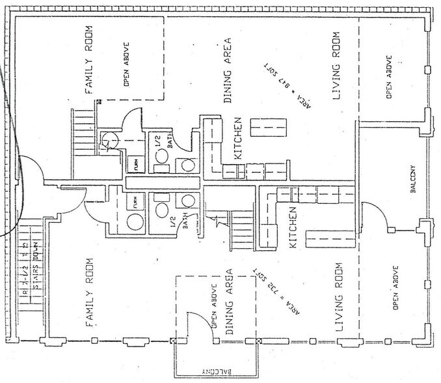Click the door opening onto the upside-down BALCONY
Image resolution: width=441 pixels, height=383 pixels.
coord(200,324)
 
